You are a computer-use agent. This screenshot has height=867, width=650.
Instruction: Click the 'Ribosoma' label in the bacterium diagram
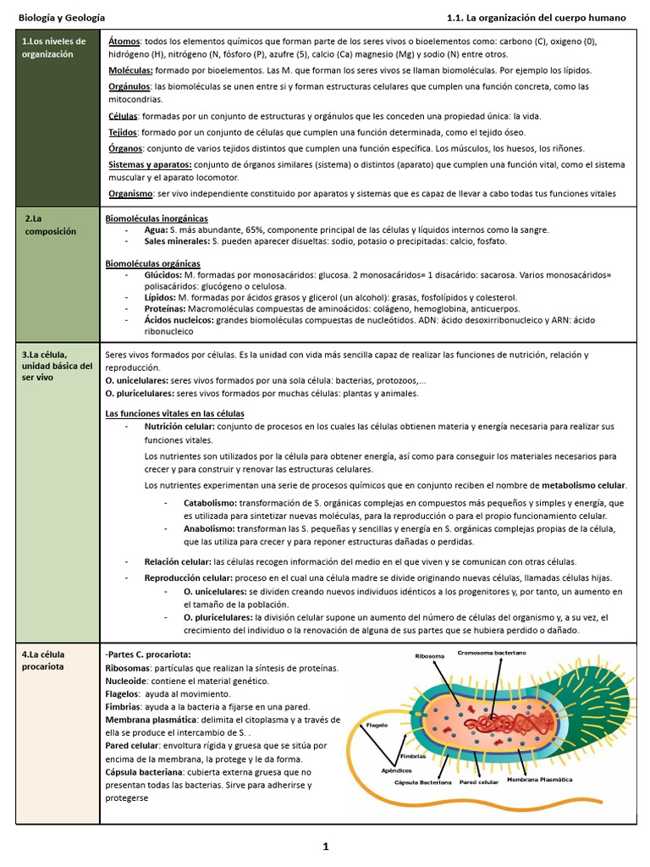pos(429,656)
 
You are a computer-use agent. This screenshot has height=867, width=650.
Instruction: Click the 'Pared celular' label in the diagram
pos(478,782)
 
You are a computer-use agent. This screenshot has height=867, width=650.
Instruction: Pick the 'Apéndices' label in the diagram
pos(396,770)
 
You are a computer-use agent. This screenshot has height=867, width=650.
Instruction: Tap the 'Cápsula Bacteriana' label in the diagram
pos(423,782)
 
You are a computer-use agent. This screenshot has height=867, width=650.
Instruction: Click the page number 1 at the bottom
pos(325,846)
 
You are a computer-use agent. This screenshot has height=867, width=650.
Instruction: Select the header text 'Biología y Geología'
pos(63,17)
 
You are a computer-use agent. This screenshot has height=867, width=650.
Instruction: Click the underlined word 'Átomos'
pos(124,41)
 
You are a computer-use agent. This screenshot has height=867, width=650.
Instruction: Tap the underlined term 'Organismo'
pos(130,194)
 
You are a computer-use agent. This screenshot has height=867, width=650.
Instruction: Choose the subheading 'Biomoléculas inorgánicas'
pos(156,218)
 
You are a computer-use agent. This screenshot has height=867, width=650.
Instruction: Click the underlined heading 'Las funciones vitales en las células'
pos(174,413)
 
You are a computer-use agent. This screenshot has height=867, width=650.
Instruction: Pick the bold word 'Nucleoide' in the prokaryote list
pos(127,681)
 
